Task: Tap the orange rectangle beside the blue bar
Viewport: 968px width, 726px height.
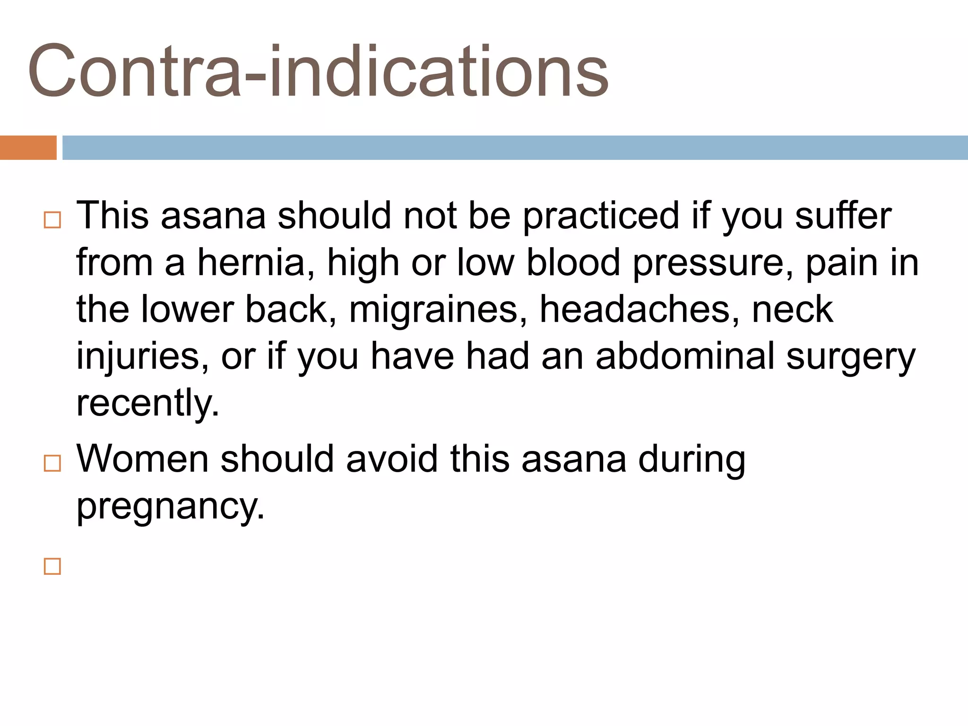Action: click(28, 147)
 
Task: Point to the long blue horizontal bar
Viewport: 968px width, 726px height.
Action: click(515, 147)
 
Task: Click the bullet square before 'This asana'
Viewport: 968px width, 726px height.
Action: click(52, 220)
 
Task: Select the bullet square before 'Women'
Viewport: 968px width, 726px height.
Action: click(52, 464)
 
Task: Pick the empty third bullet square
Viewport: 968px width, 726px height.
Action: click(52, 566)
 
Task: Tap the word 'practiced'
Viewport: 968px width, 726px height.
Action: click(601, 216)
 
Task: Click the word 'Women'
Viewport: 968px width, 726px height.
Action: click(142, 458)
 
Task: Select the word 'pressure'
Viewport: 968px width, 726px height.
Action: click(713, 264)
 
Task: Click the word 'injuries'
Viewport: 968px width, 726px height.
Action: click(142, 357)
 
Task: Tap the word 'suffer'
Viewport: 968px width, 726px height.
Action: click(843, 216)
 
